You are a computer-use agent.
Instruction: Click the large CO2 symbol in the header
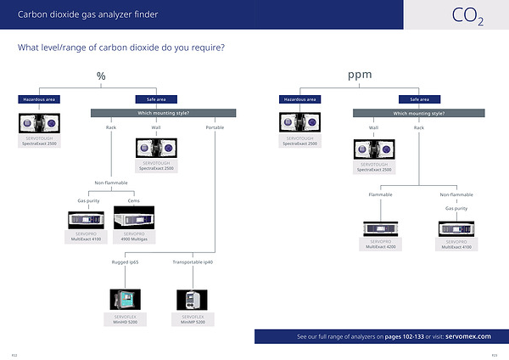pos(467,16)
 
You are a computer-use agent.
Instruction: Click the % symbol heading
pos(101,76)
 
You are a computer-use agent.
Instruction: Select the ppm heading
pos(361,76)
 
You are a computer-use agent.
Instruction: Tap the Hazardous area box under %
pos(38,99)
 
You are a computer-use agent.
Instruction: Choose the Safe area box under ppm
pos(419,99)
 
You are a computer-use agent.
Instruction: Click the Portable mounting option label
pos(215,127)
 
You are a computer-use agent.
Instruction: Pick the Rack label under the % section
pos(110,127)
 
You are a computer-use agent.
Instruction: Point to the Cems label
pos(134,200)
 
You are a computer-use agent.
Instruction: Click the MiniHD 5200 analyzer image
pos(123,300)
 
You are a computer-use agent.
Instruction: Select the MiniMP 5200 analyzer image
pos(188,300)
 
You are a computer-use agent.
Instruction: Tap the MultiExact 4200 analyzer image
pos(380,228)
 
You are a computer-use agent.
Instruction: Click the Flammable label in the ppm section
pos(380,194)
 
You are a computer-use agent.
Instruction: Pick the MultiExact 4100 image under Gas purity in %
pos(84,219)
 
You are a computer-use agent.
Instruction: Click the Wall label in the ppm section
pos(373,127)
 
